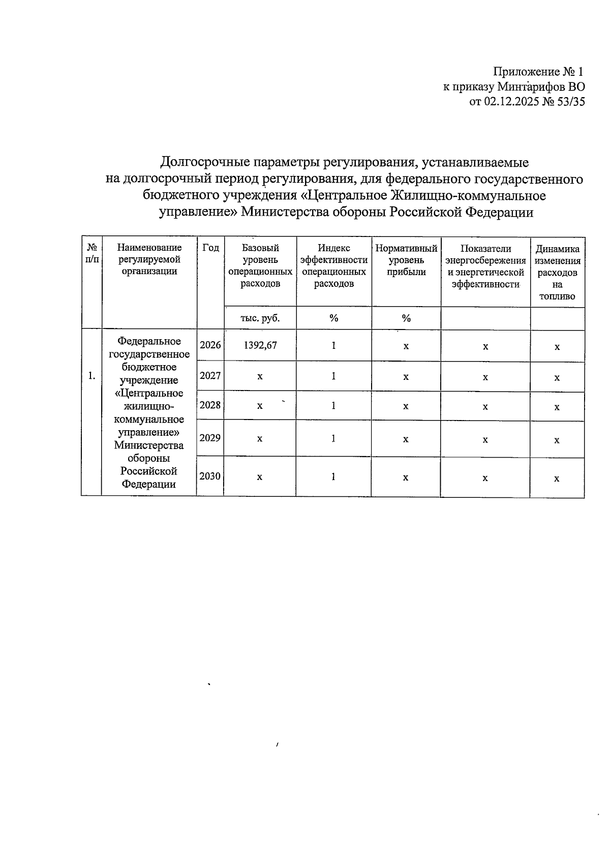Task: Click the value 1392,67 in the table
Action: pos(260,345)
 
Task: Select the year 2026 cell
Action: pos(210,345)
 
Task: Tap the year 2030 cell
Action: pos(210,476)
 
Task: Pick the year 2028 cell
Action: pos(210,405)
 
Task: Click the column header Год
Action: pos(210,248)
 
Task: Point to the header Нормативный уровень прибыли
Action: pos(406,260)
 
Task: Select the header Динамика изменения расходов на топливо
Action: pos(557,272)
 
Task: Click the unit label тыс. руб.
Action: pos(260,318)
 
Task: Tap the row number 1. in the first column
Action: pos(91,376)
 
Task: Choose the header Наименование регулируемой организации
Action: pos(149,259)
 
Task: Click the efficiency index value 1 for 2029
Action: pos(333,438)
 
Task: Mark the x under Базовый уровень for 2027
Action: pos(260,377)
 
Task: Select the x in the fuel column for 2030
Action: pos(557,479)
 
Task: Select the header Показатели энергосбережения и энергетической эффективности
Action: pos(485,266)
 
